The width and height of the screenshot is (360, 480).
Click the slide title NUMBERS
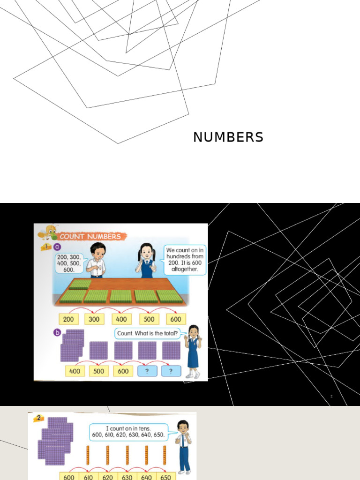click(x=228, y=137)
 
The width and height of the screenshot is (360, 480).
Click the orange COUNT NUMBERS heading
click(x=90, y=236)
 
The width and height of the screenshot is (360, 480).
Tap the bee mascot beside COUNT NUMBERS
click(x=48, y=232)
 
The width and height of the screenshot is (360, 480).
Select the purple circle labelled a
click(x=57, y=247)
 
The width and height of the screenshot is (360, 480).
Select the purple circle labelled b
click(x=57, y=332)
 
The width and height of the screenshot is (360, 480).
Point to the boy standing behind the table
click(x=97, y=260)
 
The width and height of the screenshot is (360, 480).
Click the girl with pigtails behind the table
click(x=147, y=260)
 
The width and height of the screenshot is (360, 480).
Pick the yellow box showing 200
click(x=69, y=319)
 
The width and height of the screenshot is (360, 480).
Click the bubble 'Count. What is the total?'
click(x=147, y=333)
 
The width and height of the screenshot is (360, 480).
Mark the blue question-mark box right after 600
click(x=147, y=371)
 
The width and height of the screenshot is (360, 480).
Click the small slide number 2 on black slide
click(x=331, y=397)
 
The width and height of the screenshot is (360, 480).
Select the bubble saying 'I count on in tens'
click(x=135, y=431)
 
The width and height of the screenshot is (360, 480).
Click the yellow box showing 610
click(x=89, y=476)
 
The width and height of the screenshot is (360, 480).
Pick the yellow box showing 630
click(x=127, y=476)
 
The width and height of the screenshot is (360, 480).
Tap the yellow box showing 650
click(x=165, y=476)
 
